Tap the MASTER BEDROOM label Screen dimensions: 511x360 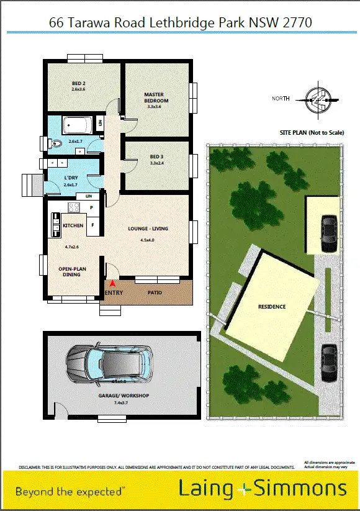156,97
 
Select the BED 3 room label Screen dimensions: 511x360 157,156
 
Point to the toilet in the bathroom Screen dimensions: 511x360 56,143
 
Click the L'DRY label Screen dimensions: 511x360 71,178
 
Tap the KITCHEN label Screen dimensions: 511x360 73,225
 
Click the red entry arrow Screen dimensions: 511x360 112,283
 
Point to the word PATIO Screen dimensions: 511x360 155,292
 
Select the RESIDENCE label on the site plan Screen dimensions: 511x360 272,307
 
